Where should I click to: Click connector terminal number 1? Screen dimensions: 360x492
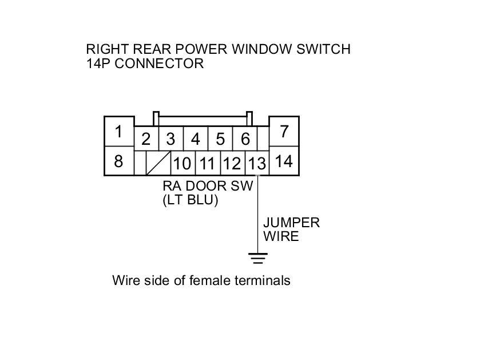[118, 132]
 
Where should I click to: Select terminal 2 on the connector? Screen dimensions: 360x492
[146, 139]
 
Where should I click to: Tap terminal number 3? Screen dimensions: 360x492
[170, 139]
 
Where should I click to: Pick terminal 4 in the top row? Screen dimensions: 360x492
[196, 139]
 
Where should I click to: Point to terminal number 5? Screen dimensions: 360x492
[220, 139]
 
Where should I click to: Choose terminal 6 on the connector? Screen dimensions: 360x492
[245, 139]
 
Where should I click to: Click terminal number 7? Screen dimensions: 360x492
[284, 132]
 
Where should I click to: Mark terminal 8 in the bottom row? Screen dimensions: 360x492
[118, 161]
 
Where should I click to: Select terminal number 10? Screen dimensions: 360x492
[182, 164]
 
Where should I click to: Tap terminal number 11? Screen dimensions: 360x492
[207, 164]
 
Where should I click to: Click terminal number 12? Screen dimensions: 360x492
[232, 164]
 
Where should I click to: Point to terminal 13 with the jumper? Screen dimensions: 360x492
[257, 164]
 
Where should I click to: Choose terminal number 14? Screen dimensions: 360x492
[284, 161]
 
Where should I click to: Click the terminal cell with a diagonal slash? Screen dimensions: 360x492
[158, 164]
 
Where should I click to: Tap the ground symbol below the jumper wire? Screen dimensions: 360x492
[259, 259]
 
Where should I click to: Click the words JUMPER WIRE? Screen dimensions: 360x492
[291, 229]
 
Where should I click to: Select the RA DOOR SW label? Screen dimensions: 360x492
[207, 186]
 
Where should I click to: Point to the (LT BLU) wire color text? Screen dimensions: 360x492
[191, 200]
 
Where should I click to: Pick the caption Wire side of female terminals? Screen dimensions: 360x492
[201, 280]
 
